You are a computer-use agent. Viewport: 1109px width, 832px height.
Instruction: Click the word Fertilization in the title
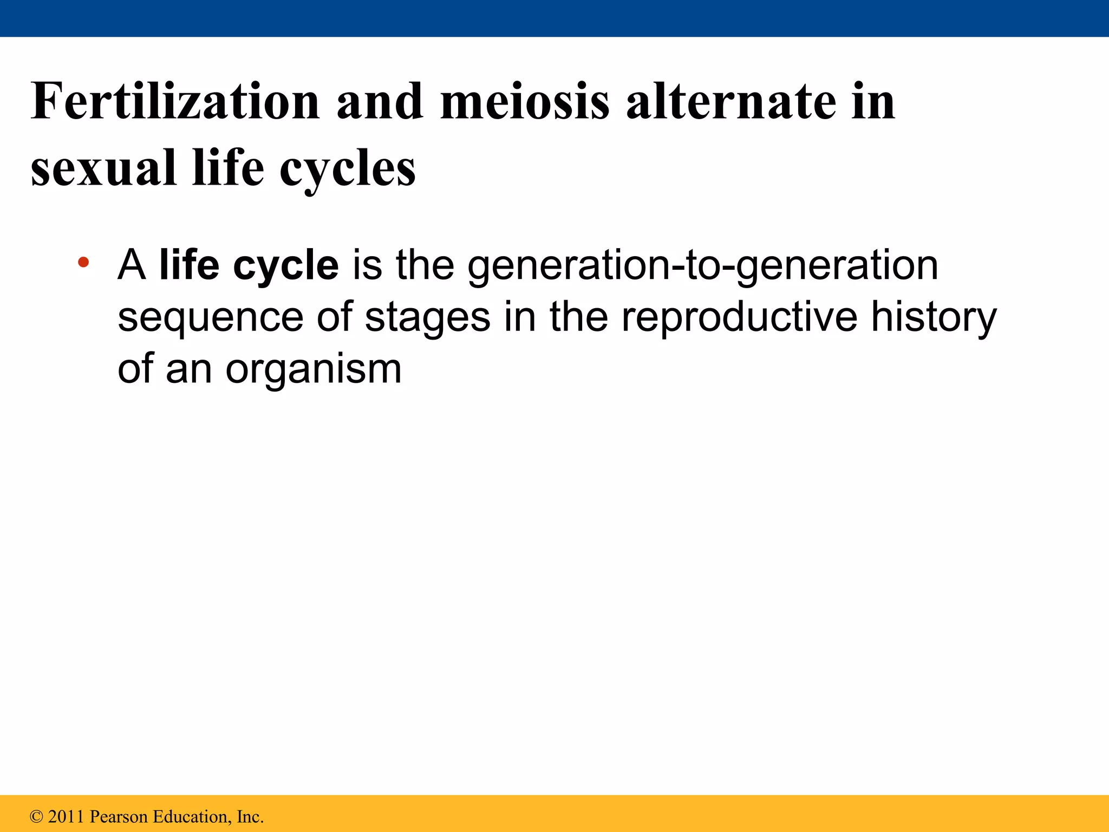175,101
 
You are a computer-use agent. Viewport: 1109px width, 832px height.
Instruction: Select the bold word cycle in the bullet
286,265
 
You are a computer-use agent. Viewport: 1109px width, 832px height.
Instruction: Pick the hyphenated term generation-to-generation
702,265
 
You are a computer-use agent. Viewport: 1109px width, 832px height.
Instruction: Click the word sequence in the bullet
211,318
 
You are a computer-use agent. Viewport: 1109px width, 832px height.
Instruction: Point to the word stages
428,318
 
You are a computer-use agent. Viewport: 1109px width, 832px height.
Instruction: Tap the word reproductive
739,318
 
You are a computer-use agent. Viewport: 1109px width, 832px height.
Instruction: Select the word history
934,318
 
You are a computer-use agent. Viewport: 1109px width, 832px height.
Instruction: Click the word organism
314,369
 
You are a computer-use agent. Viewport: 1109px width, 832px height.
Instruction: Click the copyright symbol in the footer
36,816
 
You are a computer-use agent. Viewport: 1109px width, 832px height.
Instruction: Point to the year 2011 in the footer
66,816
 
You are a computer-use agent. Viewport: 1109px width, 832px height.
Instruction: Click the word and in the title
380,101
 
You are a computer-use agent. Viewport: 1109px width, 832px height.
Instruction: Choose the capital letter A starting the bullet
132,265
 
